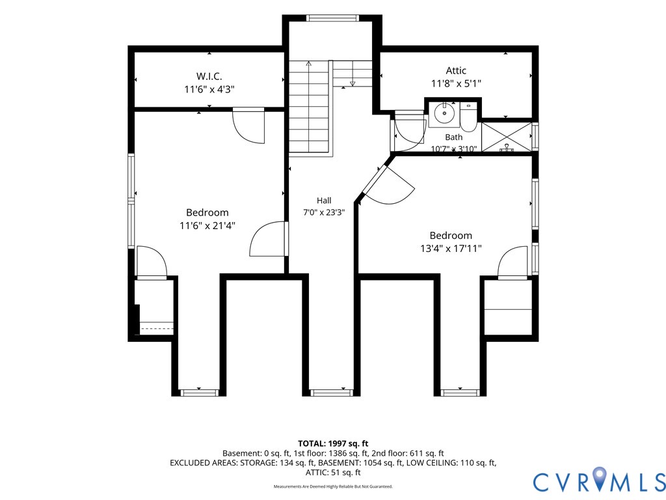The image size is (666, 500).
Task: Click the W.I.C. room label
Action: (x=209, y=77)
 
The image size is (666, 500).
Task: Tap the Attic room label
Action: (x=456, y=70)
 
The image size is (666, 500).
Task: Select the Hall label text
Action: (x=324, y=201)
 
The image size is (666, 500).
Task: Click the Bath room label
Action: (x=453, y=137)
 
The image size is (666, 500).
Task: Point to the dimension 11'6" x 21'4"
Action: (x=207, y=226)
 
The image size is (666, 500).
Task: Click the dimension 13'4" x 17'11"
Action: (x=451, y=249)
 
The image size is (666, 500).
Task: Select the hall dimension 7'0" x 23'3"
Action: (x=324, y=213)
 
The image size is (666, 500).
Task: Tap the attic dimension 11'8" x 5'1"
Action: (x=456, y=84)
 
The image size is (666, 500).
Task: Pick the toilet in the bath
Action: (x=469, y=118)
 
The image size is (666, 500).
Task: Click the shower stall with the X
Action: (x=507, y=137)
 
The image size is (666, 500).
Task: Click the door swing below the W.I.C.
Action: (x=249, y=126)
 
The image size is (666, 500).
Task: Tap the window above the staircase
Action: (x=332, y=18)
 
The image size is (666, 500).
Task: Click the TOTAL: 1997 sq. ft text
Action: (x=333, y=444)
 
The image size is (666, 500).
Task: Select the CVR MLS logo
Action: (x=599, y=481)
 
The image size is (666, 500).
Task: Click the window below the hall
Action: (x=332, y=393)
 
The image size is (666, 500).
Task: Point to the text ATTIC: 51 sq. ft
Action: (x=333, y=473)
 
